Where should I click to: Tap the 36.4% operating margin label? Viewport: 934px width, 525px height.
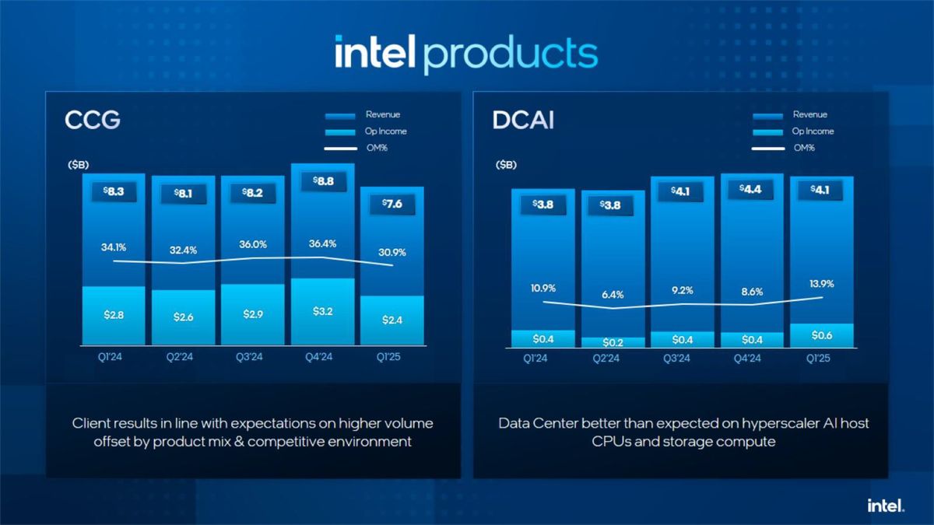click(322, 243)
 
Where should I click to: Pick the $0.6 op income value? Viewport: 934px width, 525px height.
click(821, 335)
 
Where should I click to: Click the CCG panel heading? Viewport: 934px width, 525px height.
click(92, 121)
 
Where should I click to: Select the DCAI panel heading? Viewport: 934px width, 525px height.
click(523, 121)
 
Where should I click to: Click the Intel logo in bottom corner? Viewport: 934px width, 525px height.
click(886, 506)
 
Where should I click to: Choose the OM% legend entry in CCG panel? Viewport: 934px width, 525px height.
click(376, 148)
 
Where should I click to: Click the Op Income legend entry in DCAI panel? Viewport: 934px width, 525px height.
click(813, 131)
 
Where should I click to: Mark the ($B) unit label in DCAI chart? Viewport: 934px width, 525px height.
click(505, 165)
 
